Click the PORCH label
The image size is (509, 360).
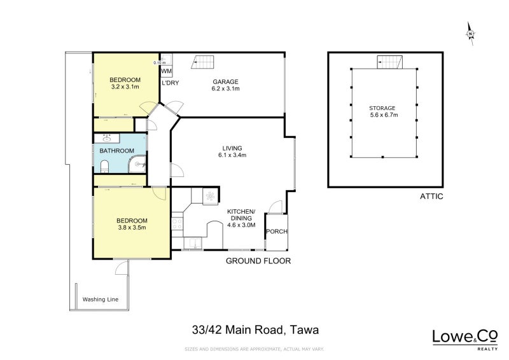tap(276, 231)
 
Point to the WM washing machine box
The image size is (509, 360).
tap(167, 71)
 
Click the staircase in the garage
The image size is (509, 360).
tap(204, 62)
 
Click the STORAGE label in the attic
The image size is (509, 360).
tap(382, 108)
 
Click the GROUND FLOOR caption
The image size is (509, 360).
tap(259, 261)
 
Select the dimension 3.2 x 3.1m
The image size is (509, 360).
tap(125, 87)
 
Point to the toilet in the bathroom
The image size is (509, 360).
tap(105, 167)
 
